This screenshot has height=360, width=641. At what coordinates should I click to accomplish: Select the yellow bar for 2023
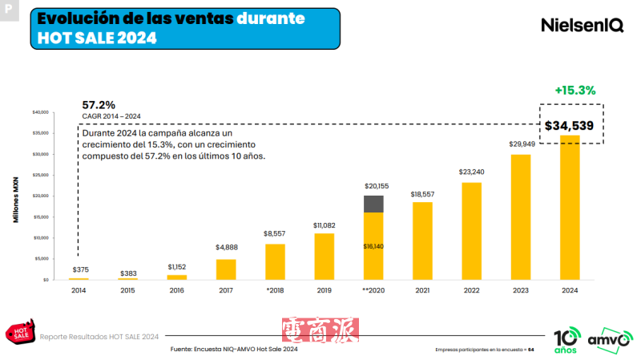521,216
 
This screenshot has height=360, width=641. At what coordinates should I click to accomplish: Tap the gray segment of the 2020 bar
373,204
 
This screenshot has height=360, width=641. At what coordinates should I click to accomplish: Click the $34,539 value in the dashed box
569,125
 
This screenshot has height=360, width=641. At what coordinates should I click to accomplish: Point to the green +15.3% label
574,91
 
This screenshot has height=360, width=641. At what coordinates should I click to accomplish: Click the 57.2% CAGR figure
99,105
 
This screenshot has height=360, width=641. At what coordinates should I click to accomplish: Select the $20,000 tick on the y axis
39,196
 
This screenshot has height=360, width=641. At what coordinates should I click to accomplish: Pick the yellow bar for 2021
422,241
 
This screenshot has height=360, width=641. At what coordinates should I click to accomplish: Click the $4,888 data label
226,248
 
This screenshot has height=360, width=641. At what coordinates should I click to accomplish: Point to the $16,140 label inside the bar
373,246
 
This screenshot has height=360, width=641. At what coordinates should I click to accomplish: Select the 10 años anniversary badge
565,339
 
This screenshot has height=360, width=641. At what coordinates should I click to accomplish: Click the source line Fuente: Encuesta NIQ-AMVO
234,350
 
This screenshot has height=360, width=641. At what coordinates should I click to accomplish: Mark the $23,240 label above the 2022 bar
471,172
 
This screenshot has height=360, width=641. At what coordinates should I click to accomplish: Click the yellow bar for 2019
325,256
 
